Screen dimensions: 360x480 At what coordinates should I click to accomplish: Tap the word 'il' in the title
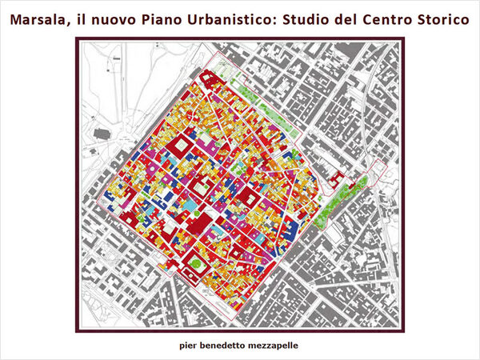[79, 18]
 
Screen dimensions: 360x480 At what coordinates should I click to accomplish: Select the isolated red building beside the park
[336, 177]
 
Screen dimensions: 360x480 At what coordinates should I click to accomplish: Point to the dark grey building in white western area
[102, 134]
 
